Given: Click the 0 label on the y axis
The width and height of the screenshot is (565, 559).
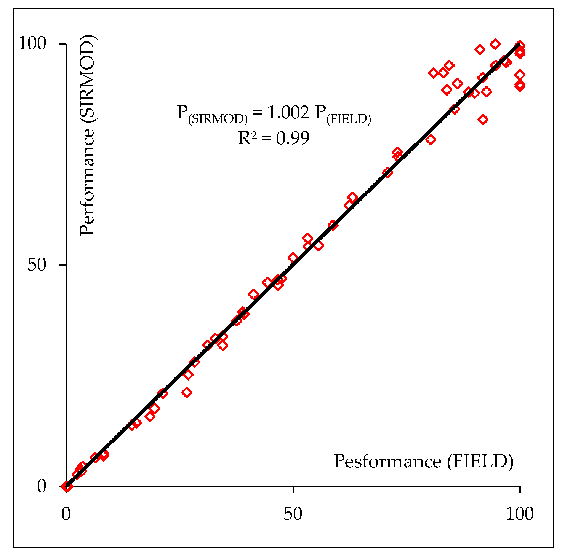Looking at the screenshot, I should (x=42, y=486).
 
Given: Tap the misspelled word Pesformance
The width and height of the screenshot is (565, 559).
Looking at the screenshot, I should (x=387, y=461).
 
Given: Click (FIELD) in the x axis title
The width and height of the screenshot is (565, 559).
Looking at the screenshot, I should (x=480, y=461).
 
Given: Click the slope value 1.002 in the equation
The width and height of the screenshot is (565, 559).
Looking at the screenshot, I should (x=288, y=112).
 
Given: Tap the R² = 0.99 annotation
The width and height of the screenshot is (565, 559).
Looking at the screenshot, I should (x=274, y=138).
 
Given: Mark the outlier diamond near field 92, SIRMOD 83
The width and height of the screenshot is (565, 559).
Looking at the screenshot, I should (x=483, y=119).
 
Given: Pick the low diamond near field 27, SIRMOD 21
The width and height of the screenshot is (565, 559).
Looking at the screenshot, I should (x=187, y=392).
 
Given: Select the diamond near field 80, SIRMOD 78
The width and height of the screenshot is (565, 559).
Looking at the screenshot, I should (x=431, y=139).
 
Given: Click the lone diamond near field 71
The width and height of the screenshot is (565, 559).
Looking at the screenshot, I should (x=388, y=173).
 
